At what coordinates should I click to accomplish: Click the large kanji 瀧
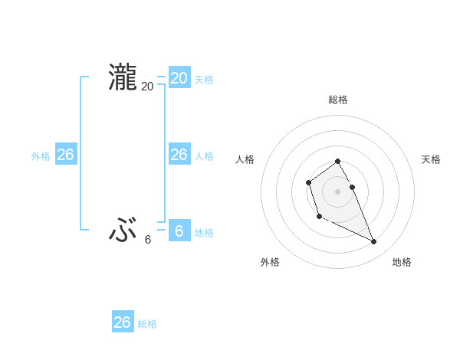[x=122, y=78]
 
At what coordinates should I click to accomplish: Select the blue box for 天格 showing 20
[x=179, y=78]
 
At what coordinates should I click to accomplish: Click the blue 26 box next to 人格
[x=179, y=155]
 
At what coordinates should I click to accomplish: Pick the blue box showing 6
[x=179, y=231]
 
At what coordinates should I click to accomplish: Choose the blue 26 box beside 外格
[x=65, y=155]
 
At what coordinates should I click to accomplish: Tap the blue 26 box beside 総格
[x=122, y=322]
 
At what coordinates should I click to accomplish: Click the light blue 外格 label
[x=41, y=156]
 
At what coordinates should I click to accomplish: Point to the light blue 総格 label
[x=147, y=324]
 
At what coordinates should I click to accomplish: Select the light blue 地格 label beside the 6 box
[x=204, y=233]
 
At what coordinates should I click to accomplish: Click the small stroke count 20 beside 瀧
[x=147, y=87]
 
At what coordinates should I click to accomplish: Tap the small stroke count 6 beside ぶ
[x=148, y=240]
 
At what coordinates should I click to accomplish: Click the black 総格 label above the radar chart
[x=338, y=100]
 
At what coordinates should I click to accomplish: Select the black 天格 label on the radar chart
[x=431, y=159]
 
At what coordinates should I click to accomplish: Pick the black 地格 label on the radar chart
[x=402, y=262]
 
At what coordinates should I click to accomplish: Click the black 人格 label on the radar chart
[x=245, y=159]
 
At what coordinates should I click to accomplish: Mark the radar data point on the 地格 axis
[x=373, y=242]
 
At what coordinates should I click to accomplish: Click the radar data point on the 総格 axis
[x=338, y=161]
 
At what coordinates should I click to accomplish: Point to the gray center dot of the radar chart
[x=338, y=191]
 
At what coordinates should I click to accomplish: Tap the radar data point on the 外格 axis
[x=319, y=217]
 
